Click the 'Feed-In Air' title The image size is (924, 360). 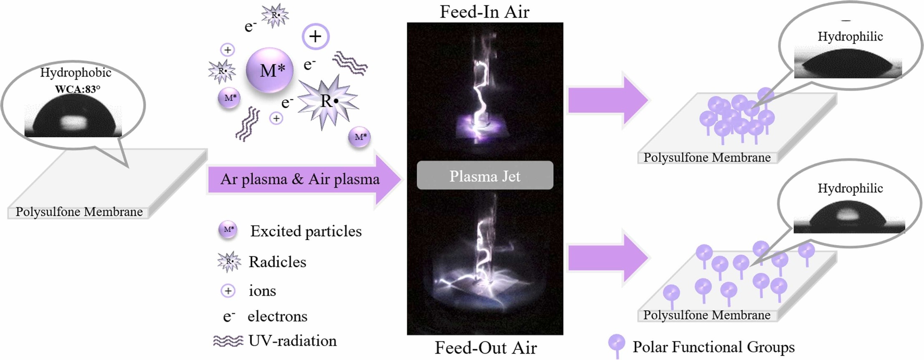484,11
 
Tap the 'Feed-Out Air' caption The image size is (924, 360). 486,347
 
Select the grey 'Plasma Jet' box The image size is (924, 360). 485,175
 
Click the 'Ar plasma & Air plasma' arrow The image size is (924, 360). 304,180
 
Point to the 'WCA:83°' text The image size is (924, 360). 78,89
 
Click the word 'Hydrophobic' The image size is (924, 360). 76,73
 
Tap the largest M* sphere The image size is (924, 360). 269,70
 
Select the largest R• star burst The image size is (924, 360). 328,101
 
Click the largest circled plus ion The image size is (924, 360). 316,36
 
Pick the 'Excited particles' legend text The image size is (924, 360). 306,231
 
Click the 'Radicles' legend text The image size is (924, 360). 277,262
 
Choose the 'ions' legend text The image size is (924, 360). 262,291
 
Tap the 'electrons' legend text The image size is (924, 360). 277,316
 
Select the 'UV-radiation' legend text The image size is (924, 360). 292,341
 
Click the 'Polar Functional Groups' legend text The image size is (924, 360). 714,347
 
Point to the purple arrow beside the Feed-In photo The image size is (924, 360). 608,100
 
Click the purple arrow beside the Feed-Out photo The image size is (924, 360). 608,258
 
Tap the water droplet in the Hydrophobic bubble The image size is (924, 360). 74,116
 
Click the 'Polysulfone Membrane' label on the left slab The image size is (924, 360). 79,212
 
